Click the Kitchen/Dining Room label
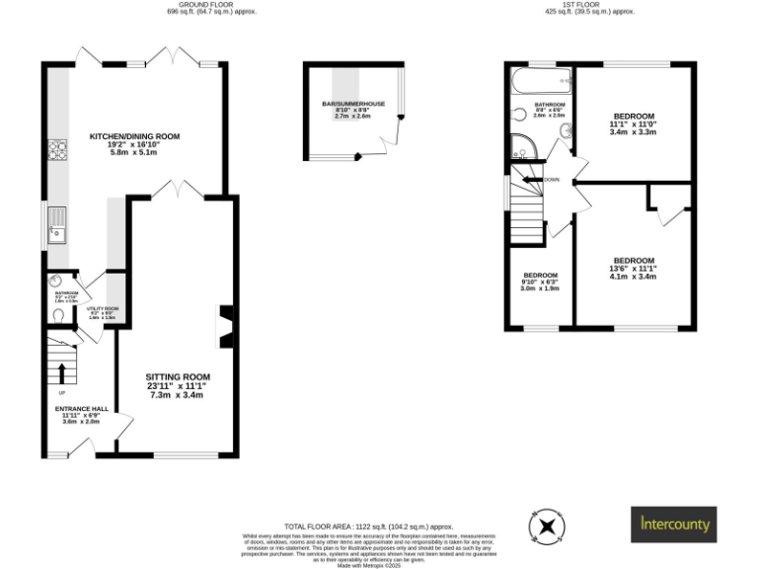[134, 144]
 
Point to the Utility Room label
[102, 312]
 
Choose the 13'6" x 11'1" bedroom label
[633, 269]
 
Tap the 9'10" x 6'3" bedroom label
[541, 282]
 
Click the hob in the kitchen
[57, 152]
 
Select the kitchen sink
[57, 230]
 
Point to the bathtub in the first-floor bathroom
[540, 78]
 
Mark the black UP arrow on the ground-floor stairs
[62, 372]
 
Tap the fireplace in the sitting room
[226, 328]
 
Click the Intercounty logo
[674, 524]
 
